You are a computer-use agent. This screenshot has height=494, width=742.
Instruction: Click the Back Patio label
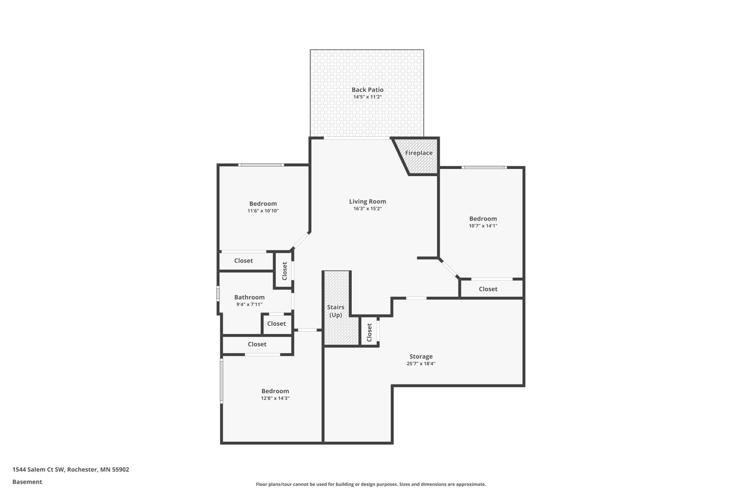[x=367, y=90]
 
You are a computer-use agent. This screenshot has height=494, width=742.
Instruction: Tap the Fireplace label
[x=419, y=153]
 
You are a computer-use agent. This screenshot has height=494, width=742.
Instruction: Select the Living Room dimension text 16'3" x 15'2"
[x=367, y=209]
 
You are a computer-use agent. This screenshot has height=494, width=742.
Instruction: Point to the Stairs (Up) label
[x=336, y=311]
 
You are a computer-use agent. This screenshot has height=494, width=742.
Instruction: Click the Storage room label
[x=421, y=356]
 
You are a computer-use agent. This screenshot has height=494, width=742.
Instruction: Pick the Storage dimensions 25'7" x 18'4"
[x=421, y=364]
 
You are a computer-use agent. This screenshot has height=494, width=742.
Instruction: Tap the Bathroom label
[x=249, y=297]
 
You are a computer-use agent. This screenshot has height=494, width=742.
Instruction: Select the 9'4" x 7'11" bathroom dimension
[x=249, y=304]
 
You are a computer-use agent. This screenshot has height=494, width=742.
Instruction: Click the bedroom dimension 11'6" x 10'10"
[x=263, y=211]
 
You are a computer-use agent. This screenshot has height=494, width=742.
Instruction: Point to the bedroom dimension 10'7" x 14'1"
[x=483, y=226]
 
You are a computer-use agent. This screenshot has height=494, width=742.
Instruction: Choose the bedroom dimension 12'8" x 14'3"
[x=275, y=398]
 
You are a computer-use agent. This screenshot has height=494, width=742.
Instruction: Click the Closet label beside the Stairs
[x=369, y=332]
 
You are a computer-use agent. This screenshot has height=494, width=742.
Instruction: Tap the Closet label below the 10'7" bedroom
[x=488, y=289]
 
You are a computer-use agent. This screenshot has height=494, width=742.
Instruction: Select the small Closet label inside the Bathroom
[x=276, y=324]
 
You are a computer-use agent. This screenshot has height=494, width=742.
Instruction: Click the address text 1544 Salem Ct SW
[x=38, y=469]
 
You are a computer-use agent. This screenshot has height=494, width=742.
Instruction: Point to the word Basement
[x=27, y=482]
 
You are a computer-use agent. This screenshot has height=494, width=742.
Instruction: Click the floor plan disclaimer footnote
[x=371, y=484]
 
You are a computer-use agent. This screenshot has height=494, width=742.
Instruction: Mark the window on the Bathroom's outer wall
[x=218, y=294]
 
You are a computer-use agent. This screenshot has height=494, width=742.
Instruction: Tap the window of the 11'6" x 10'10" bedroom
[x=261, y=165]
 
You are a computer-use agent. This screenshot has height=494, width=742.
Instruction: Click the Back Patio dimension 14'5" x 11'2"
[x=367, y=97]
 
